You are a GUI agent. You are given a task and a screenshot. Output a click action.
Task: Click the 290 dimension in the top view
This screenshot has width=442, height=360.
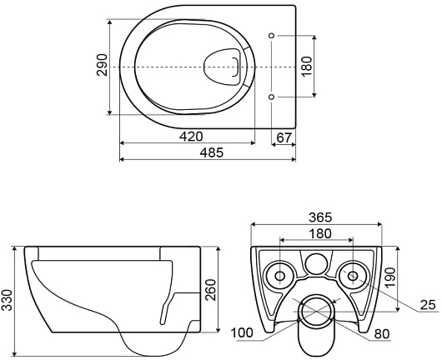101,65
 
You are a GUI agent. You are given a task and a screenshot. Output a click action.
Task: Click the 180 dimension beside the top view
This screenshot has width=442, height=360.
306,65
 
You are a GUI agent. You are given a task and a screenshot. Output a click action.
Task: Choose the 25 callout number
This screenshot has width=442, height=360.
427,305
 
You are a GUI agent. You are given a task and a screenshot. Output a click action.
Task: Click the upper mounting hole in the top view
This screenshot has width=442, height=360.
272,35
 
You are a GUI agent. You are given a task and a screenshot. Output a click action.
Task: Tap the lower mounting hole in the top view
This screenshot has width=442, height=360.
272,97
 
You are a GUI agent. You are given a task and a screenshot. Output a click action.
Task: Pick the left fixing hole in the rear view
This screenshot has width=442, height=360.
279,274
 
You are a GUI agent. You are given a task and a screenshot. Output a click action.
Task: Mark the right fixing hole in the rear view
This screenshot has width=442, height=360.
354,274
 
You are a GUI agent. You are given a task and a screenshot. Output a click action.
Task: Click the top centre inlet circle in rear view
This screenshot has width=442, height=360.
317,263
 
